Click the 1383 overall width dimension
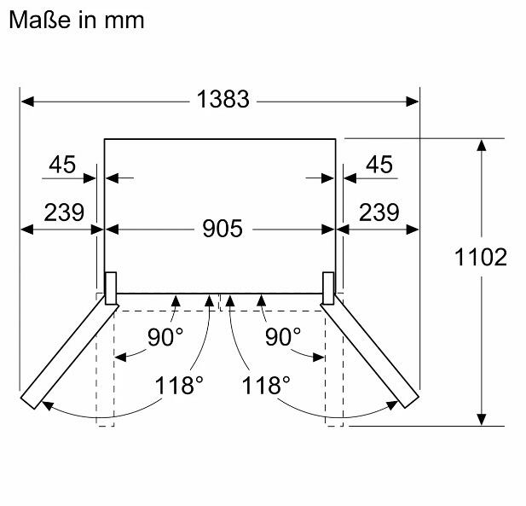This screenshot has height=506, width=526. (x=223, y=99)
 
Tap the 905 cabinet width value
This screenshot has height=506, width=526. (x=223, y=229)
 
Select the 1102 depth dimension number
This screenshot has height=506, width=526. (x=481, y=258)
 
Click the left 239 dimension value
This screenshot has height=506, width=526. (x=64, y=212)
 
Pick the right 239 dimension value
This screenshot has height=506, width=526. (x=379, y=212)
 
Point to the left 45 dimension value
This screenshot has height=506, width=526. (x=62, y=165)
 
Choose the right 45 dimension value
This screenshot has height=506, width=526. (x=379, y=165)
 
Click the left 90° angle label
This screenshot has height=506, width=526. (x=165, y=337)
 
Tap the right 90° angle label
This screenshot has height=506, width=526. (x=283, y=337)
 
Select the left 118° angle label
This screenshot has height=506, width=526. (x=179, y=385)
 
